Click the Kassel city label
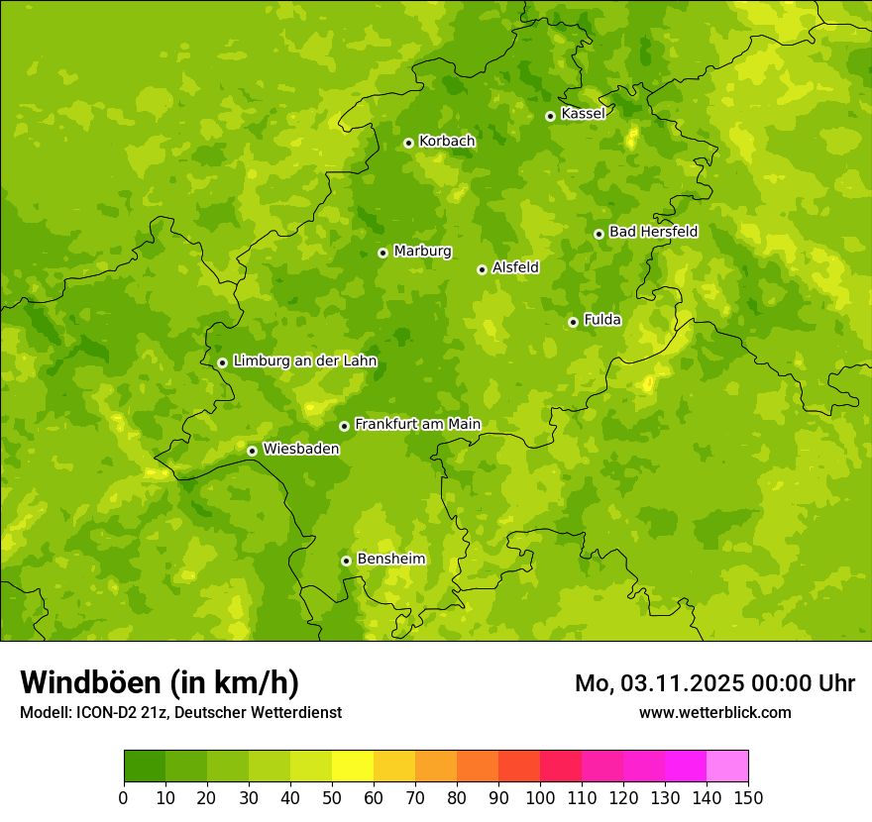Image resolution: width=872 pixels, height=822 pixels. pyautogui.click(x=583, y=114)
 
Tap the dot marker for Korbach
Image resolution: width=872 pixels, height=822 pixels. pyautogui.click(x=408, y=143)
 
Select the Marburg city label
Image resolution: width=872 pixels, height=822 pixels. pyautogui.click(x=422, y=252)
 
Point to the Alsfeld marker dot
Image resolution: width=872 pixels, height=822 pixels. pyautogui.click(x=482, y=269)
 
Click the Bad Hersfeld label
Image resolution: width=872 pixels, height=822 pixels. pyautogui.click(x=653, y=232)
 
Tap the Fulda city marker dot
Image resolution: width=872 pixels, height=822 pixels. pyautogui.click(x=573, y=322)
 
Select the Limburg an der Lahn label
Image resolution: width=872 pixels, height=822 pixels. pyautogui.click(x=304, y=361)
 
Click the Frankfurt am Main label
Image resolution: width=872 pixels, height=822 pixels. pyautogui.click(x=417, y=424)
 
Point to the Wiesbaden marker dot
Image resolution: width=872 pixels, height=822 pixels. pyautogui.click(x=252, y=451)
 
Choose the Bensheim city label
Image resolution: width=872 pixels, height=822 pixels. pyautogui.click(x=390, y=559)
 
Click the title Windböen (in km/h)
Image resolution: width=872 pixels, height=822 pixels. pyautogui.click(x=160, y=682)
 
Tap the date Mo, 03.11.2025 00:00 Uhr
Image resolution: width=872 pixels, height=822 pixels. pyautogui.click(x=714, y=683)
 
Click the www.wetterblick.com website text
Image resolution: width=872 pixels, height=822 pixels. pyautogui.click(x=714, y=712)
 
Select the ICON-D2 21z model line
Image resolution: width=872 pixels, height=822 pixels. pyautogui.click(x=180, y=712)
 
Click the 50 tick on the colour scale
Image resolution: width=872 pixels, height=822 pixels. pyautogui.click(x=332, y=798)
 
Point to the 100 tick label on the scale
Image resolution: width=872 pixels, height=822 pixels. pyautogui.click(x=540, y=798)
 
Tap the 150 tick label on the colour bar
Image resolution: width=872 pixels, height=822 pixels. pyautogui.click(x=748, y=798)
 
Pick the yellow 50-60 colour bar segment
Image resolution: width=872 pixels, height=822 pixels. pyautogui.click(x=353, y=767)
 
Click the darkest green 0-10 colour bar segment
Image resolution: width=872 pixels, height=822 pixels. pyautogui.click(x=145, y=767)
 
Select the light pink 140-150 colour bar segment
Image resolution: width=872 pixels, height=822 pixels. pyautogui.click(x=727, y=767)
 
